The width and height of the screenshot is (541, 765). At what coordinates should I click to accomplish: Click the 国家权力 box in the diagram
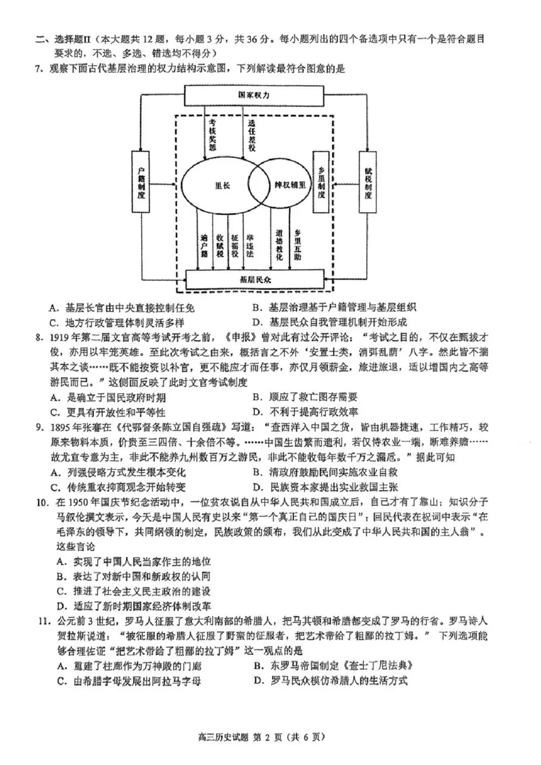click(x=254, y=95)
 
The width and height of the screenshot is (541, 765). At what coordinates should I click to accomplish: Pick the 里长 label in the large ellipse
click(x=222, y=184)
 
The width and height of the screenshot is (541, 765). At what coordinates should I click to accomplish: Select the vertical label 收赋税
click(x=220, y=246)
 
